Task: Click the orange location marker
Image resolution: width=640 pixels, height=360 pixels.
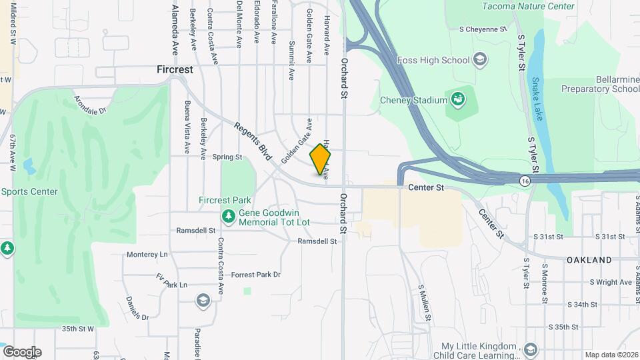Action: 320,159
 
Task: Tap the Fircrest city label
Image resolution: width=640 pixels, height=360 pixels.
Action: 175,69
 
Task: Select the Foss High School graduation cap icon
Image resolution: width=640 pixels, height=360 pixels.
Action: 479,60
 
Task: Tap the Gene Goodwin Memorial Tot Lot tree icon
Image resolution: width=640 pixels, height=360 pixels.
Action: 229,216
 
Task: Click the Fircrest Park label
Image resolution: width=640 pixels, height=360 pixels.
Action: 225,200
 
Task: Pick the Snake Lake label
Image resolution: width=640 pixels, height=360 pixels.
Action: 537,99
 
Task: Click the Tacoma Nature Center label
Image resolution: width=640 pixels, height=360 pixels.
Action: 529,6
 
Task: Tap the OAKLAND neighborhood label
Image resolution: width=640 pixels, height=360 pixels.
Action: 589,259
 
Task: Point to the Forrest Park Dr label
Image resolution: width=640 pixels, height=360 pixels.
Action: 256,275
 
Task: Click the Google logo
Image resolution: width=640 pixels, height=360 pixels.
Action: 21,351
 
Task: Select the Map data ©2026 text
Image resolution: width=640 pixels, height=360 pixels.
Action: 611,355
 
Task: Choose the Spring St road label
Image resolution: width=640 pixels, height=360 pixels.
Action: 227,157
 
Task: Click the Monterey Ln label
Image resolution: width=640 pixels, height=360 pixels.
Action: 147,255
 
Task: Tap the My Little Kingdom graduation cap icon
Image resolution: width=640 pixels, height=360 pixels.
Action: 530,350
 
